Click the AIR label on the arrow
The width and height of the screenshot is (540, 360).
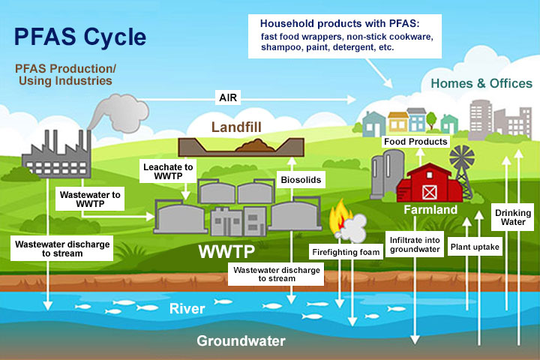coord(228,97)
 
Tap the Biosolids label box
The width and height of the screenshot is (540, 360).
coord(301,179)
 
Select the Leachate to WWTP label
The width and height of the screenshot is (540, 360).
coord(168,171)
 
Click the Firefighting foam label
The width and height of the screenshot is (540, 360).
coord(346,252)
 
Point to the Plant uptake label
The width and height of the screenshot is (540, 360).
coord(475,247)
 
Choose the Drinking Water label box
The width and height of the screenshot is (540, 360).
coord(513,217)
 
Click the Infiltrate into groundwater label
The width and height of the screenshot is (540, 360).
coord(415,244)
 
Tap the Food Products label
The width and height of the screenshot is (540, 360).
coord(415,142)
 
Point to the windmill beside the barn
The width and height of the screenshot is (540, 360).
coord(462,170)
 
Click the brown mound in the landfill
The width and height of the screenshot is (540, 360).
coord(256,145)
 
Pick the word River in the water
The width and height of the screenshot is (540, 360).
coord(187,309)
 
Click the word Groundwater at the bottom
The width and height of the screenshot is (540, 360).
coord(241,341)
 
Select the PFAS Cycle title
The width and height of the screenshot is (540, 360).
coord(80,37)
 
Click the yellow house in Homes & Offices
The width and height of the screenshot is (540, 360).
coord(398,121)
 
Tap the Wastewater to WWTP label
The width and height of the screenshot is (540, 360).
coord(90,199)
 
